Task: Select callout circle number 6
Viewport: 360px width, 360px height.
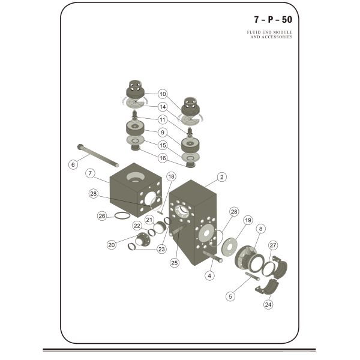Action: click(73, 164)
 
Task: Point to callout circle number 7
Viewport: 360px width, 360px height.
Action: click(90, 173)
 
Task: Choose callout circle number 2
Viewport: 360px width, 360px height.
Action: click(221, 177)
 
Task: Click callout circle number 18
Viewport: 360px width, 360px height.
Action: click(171, 176)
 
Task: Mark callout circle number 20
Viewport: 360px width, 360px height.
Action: click(111, 244)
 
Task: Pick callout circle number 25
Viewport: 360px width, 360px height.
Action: click(175, 262)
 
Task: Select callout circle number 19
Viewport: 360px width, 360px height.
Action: click(247, 220)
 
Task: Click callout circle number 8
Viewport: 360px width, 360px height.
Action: click(260, 229)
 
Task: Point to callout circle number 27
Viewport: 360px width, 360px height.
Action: click(273, 245)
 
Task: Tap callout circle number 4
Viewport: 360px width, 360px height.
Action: click(209, 276)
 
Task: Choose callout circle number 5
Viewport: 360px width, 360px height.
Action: click(230, 295)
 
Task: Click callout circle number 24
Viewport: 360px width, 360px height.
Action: click(268, 304)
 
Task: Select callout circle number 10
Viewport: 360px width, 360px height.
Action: click(163, 94)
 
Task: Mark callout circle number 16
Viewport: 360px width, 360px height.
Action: click(163, 158)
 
